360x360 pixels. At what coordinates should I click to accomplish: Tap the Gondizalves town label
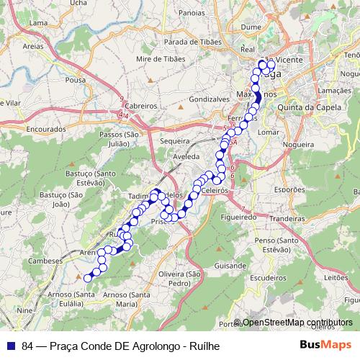[x=208, y=99]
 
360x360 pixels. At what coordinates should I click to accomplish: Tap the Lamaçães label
[x=334, y=91]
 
